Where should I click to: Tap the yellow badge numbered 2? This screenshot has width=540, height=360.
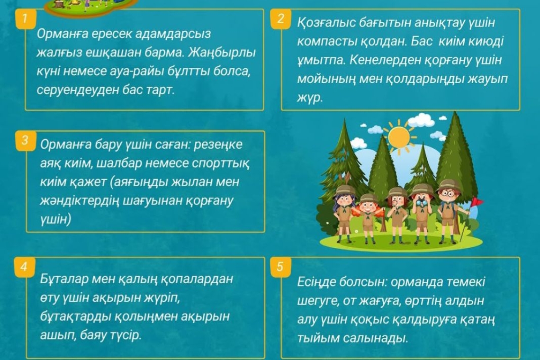pos(280,19)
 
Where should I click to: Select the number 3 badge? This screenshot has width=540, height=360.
pos(25,140)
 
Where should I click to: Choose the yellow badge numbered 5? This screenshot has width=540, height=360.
pos(280,267)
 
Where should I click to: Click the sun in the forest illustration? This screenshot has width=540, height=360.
pos(398,136)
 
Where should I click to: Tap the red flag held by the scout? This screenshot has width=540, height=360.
pos(476,202)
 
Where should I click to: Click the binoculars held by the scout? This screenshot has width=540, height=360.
pos(422,200)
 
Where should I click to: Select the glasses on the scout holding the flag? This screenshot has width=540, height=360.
pos(447,193)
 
